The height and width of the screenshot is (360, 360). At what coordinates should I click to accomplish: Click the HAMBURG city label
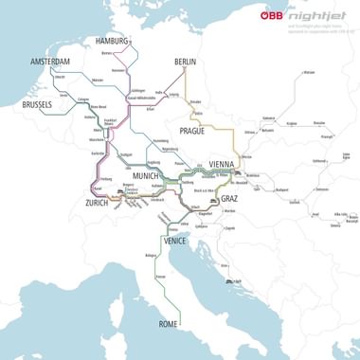tap(113, 41)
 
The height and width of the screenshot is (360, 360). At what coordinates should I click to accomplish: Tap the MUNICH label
tap(146, 177)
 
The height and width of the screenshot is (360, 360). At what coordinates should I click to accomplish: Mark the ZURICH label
tap(97, 204)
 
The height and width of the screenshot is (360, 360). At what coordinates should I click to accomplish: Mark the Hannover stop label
tap(118, 70)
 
